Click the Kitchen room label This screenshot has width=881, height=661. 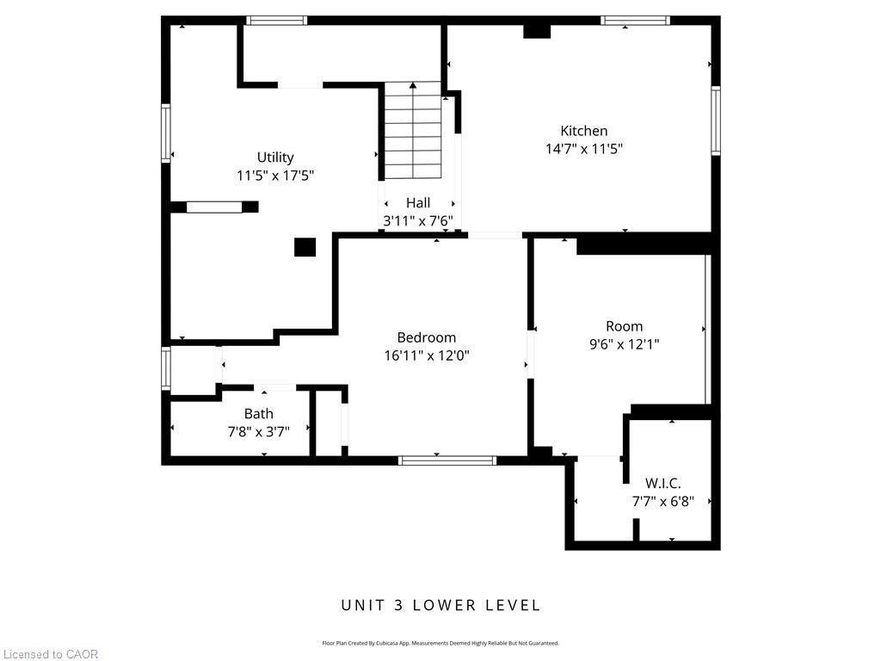point(583,131)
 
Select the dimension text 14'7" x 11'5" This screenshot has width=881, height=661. point(583,149)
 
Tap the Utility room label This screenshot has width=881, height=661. point(275,157)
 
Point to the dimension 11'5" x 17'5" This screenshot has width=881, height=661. point(275,175)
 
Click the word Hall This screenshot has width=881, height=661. point(418,202)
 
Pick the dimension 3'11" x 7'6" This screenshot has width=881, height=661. point(418,220)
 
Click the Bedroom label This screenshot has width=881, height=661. point(426,337)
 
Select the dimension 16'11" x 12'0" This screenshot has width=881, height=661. point(426,355)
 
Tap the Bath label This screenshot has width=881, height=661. point(258,414)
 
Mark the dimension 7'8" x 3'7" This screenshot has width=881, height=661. point(258,431)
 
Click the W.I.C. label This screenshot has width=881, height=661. point(662,483)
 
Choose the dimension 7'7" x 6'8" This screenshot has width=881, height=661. point(662,501)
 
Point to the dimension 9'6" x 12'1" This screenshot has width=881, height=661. point(624,344)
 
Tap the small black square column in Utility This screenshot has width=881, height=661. point(305,247)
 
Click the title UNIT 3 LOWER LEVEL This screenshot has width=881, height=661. point(440,605)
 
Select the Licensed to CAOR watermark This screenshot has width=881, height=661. point(50,654)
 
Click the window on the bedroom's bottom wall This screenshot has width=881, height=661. point(447,460)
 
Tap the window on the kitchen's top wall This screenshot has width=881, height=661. point(635,21)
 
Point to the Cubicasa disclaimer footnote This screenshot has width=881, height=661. point(440,643)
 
